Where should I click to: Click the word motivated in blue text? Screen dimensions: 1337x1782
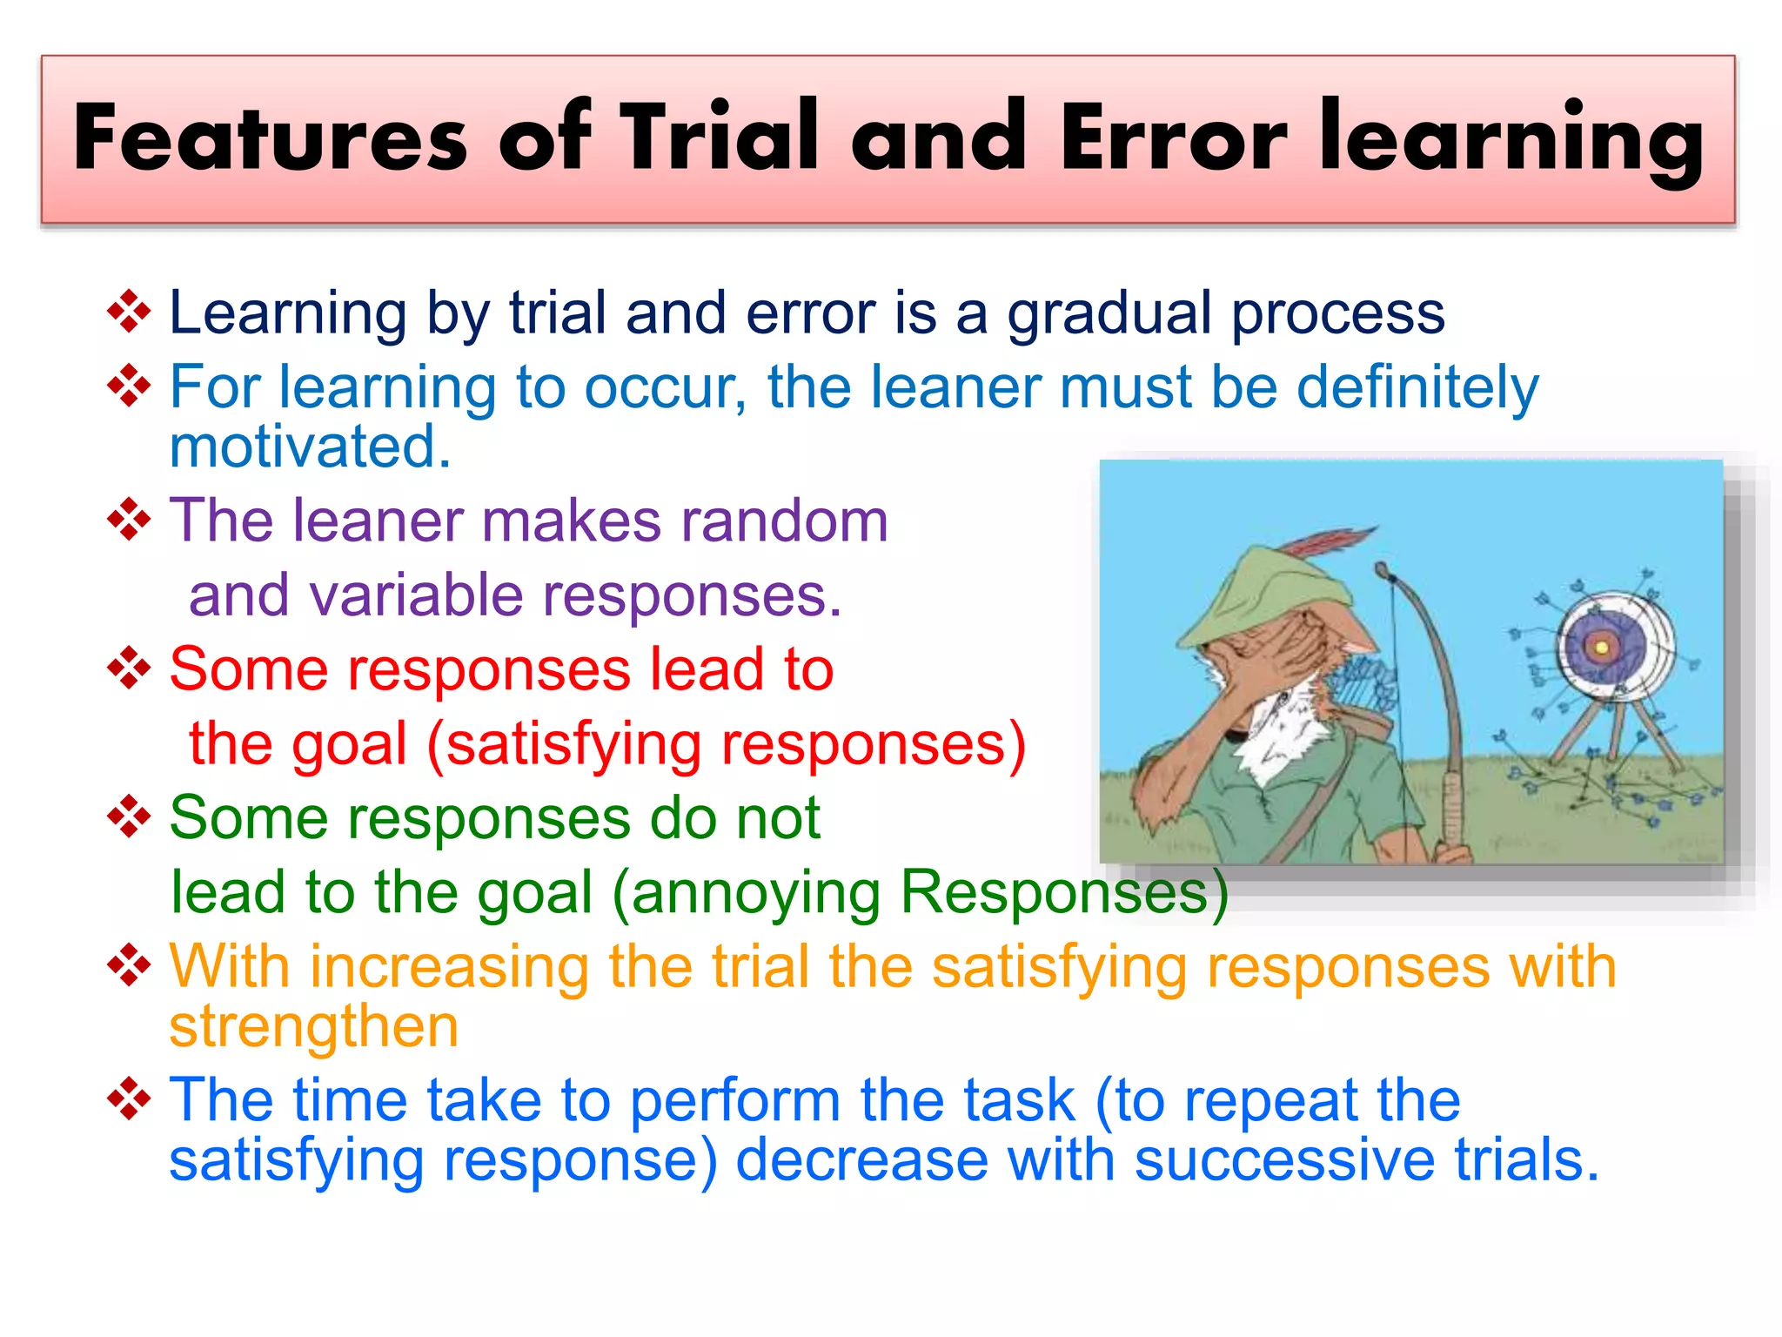(310, 447)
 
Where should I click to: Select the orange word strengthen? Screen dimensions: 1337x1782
(313, 1027)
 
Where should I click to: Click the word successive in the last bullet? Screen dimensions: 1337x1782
(1284, 1160)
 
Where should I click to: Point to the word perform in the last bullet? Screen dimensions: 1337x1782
(734, 1101)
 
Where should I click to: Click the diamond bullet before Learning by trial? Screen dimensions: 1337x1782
(129, 312)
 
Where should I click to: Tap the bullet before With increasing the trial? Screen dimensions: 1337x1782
(129, 965)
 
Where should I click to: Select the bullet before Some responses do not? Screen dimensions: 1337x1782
(129, 816)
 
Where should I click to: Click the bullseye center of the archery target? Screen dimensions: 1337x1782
(1601, 648)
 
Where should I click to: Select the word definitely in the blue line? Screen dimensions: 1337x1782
(1417, 387)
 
